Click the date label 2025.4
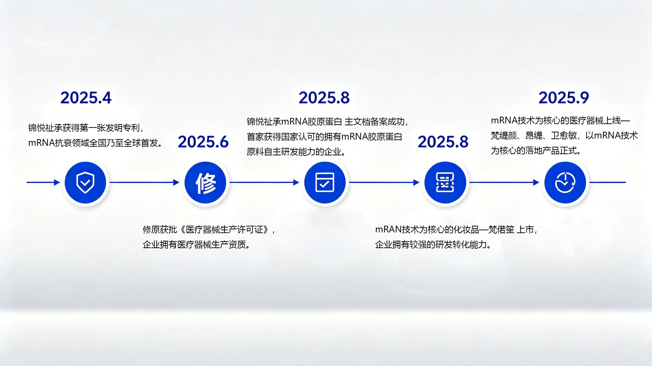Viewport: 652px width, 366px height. coord(86,98)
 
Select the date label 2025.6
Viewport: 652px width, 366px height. coord(203,142)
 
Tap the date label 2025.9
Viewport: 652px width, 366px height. coord(564,98)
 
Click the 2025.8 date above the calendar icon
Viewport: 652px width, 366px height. coord(324,98)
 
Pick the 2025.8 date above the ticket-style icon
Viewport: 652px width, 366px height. coord(443,142)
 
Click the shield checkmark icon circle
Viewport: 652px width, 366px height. coord(85,183)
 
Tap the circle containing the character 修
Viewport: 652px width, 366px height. coord(205,183)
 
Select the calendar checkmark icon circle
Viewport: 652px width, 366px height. coord(325,183)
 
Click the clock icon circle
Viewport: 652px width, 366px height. coord(565,183)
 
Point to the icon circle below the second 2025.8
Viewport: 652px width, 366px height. coord(445,183)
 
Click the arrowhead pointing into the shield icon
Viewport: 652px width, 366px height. coord(57,182)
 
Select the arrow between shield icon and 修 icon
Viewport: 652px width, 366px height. coord(144,182)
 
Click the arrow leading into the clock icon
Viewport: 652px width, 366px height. coord(505,182)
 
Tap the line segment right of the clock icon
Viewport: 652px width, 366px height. coord(607,182)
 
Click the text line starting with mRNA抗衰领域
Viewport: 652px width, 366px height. coord(95,143)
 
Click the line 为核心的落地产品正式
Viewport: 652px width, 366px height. coord(536,151)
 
